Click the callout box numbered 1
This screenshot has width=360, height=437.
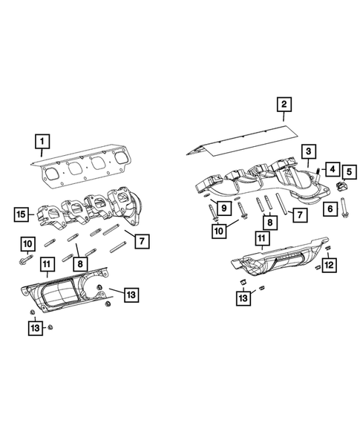click(x=44, y=140)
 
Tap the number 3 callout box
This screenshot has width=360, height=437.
click(x=305, y=151)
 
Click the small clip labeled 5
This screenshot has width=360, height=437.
click(x=342, y=185)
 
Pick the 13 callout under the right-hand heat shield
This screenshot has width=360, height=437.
click(x=243, y=299)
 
